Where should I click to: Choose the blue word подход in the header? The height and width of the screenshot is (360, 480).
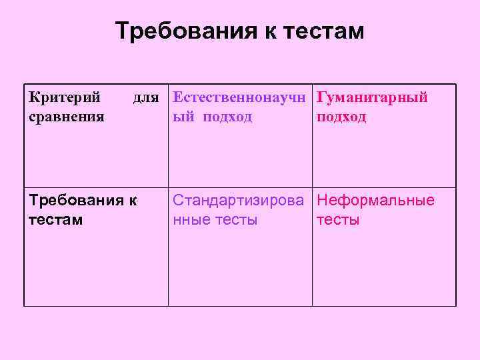228,117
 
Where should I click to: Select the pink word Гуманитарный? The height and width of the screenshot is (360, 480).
372,98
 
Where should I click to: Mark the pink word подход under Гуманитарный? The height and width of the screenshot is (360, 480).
341,117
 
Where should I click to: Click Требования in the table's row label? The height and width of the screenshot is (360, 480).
73,201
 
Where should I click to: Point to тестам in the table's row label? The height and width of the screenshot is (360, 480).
56,219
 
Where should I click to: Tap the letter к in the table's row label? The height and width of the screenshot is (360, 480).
133,201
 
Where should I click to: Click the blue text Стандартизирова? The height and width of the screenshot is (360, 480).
242,201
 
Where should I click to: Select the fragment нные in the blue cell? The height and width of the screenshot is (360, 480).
192,219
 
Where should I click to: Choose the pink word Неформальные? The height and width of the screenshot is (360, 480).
375,201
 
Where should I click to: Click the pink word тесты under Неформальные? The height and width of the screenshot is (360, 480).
338,219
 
